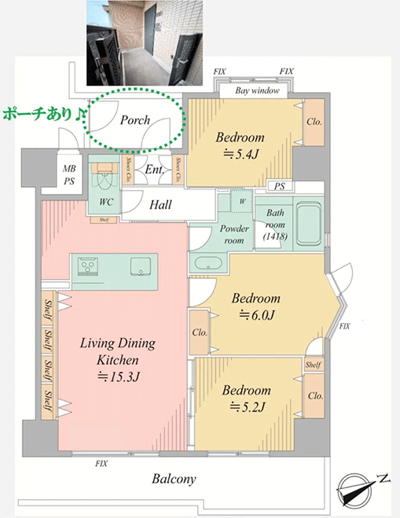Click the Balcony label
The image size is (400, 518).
[174, 479]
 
